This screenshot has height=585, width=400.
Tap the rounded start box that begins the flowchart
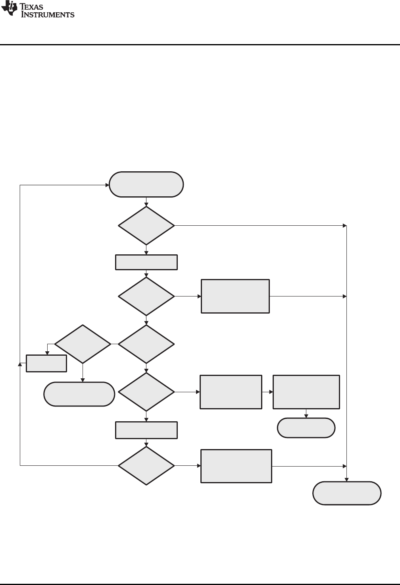[x=146, y=184]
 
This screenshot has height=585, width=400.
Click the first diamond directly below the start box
[x=146, y=225]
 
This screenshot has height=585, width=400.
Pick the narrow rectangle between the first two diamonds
[x=146, y=263]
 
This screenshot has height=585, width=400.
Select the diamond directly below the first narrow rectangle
[x=146, y=296]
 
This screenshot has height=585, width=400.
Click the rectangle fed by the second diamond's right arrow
[x=235, y=296]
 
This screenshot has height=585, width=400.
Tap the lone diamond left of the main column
[x=83, y=344]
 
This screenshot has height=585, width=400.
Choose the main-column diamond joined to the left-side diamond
[x=146, y=344]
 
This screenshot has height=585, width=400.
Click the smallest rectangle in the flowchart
[x=46, y=363]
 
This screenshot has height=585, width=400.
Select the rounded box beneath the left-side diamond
[x=79, y=394]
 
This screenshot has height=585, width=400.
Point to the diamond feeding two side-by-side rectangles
[x=146, y=392]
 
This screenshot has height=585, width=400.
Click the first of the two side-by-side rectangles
[x=231, y=392]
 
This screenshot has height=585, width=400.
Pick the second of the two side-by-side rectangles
[x=306, y=392]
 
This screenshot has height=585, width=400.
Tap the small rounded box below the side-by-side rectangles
[x=306, y=428]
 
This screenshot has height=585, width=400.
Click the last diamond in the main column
[x=146, y=465]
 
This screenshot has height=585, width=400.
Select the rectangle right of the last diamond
[x=236, y=466]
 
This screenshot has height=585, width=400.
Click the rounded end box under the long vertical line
[x=347, y=493]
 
